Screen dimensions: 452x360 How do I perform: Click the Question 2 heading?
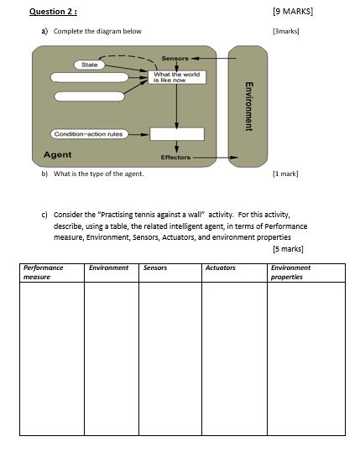53,12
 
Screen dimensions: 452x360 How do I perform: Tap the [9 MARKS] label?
287,12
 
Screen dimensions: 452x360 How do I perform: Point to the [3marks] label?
286,32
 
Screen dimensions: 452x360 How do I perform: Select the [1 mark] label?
285,174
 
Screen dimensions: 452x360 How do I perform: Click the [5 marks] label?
288,248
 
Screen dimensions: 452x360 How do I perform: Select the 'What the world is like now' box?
176,76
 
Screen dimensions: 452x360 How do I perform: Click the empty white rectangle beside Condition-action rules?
177,133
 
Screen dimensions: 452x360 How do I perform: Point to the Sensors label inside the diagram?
175,59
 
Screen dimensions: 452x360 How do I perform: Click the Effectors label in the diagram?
175,157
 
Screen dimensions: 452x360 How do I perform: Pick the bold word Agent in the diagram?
57,155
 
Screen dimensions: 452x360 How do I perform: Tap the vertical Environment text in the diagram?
248,106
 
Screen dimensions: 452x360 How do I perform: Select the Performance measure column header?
43,272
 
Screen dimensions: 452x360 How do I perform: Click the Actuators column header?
221,268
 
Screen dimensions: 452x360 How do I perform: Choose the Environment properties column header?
290,272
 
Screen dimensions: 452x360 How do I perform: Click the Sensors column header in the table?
155,268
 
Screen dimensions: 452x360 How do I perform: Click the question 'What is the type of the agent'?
98,174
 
